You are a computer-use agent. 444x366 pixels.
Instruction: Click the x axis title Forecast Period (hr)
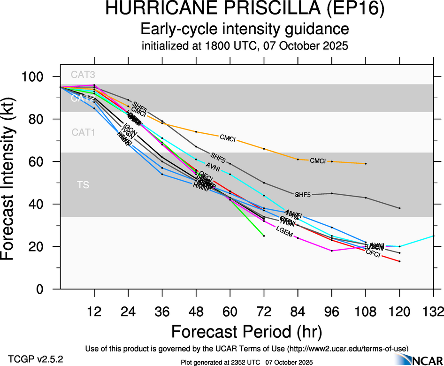246,331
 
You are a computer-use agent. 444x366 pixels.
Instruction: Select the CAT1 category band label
83,132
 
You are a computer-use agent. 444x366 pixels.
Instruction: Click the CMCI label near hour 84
318,161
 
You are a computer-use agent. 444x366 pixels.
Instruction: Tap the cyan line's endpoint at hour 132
433,236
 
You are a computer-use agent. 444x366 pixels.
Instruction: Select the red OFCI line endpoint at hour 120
399,261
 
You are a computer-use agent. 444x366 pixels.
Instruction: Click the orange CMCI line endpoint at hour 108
366,163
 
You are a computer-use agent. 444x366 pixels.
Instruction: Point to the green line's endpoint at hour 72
264,236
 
